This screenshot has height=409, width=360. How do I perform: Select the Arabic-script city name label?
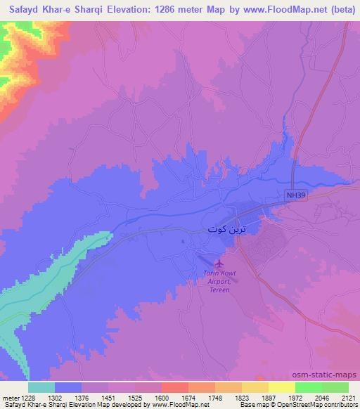coord(226,229)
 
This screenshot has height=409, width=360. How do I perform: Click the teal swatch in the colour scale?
coord(41,387)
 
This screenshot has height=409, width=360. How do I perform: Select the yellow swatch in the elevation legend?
coord(281,387)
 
